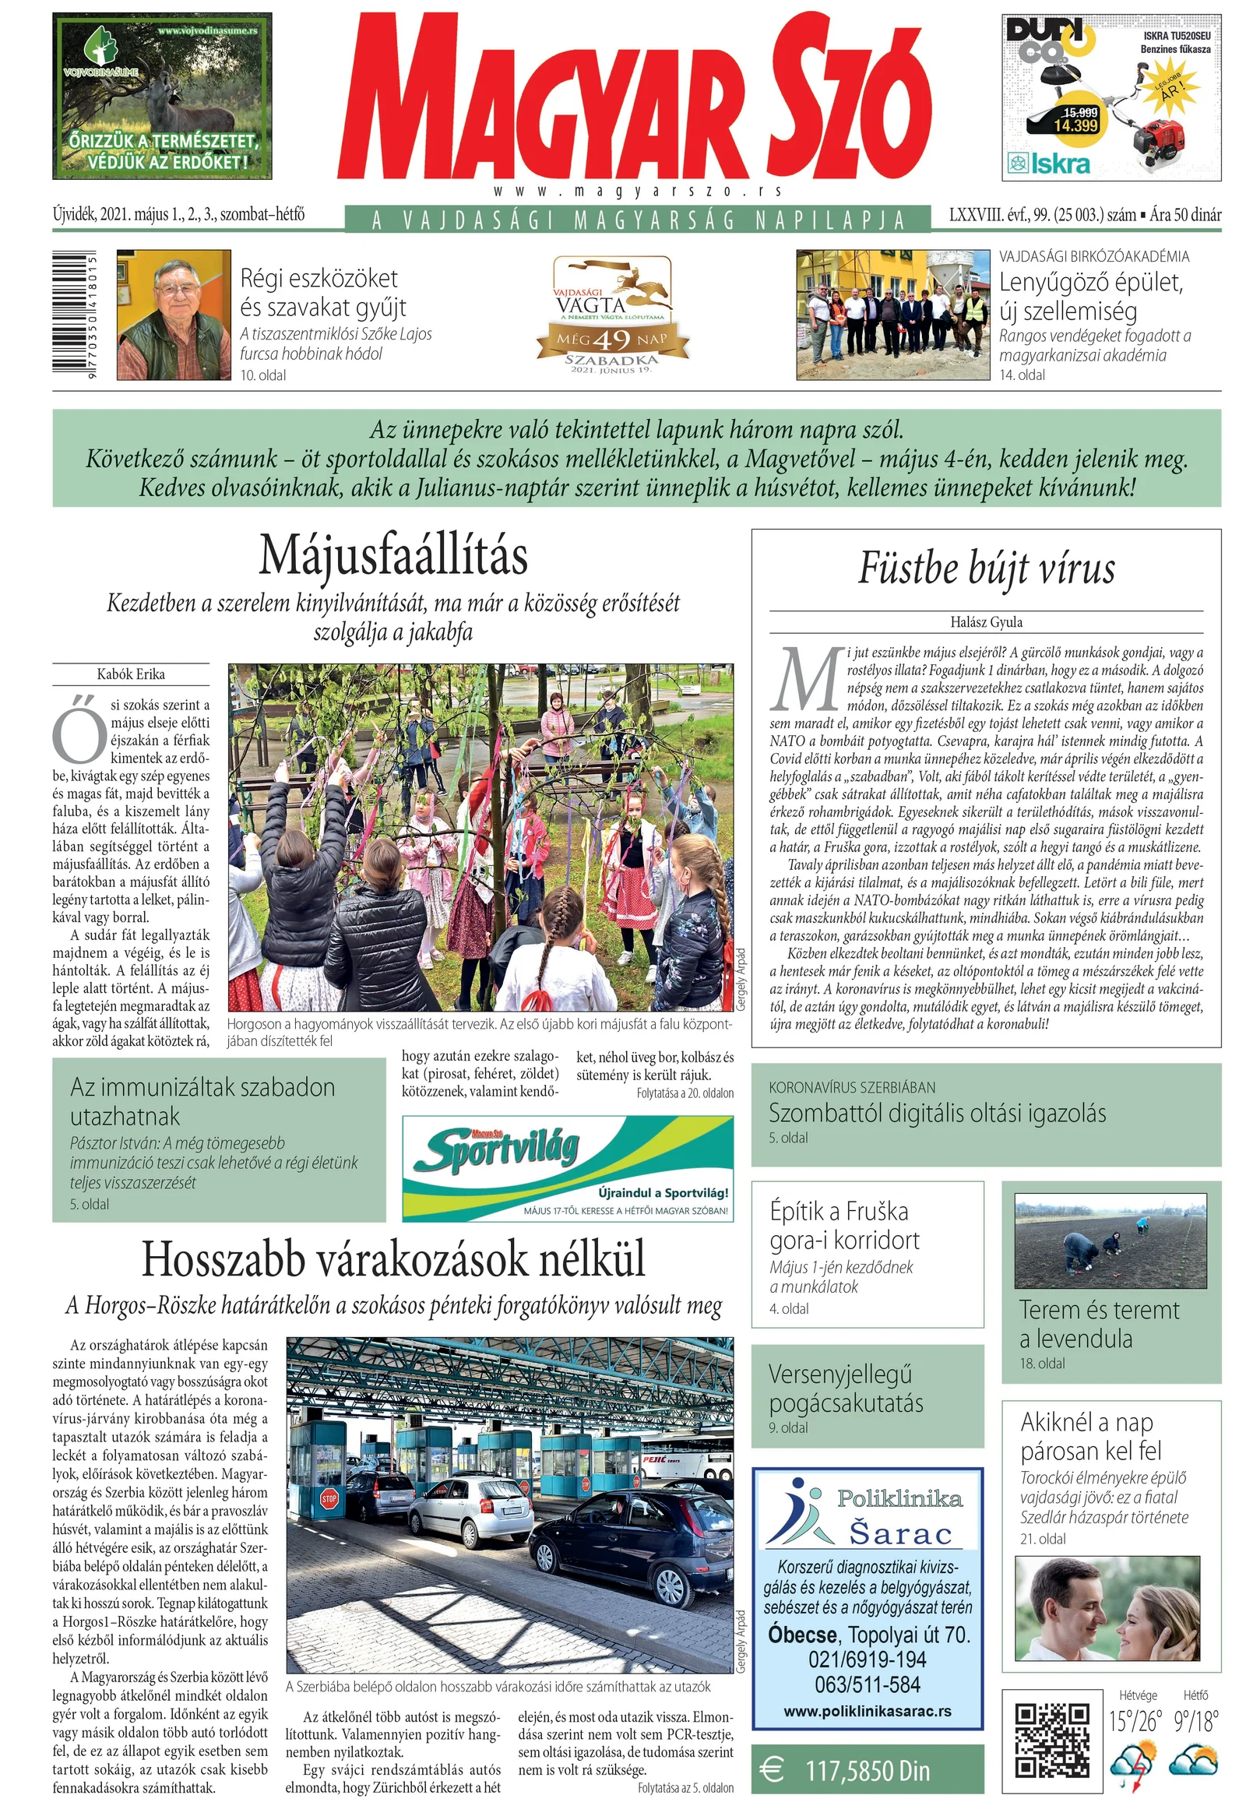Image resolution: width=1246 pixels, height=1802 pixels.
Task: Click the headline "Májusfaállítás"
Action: pos(393,556)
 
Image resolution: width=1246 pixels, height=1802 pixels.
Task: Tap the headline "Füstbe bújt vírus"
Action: pos(986,568)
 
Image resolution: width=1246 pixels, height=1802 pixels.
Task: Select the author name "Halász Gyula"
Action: pos(986,622)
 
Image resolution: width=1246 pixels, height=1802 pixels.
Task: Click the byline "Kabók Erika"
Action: pos(130,674)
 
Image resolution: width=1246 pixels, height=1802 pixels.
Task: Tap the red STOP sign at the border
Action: pos(329,1498)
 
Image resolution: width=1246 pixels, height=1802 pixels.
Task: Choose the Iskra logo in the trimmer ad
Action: pos(1049,164)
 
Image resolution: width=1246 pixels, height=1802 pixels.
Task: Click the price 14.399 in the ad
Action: pos(1075,125)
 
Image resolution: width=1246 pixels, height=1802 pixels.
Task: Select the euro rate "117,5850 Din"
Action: pos(867,1772)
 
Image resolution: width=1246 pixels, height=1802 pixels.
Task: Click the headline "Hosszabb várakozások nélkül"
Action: pos(393,1258)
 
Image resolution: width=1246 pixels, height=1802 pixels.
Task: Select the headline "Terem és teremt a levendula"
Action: pos(1099,1324)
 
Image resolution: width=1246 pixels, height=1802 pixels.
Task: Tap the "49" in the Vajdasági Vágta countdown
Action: pos(611,340)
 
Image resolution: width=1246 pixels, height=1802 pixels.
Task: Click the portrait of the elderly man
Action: pos(174,315)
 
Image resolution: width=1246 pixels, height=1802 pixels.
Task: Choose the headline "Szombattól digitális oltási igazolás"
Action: pos(937,1114)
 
